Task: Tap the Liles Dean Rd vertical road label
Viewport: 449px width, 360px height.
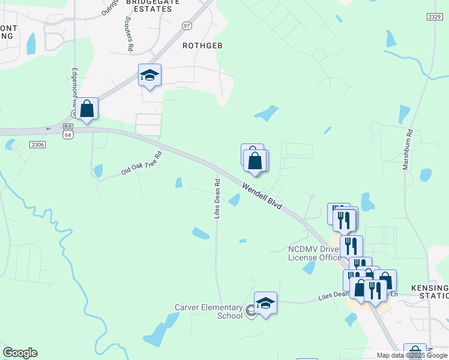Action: [218, 198]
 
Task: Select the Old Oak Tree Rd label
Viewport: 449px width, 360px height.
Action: [142, 163]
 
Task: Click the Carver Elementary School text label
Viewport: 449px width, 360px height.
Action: [208, 311]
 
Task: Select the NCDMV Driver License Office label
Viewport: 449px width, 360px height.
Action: [314, 253]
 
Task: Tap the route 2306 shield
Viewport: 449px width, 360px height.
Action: [37, 145]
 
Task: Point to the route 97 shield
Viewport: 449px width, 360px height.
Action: [187, 26]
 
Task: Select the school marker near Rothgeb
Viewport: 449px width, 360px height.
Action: [149, 75]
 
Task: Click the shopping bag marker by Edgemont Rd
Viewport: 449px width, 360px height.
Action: [87, 109]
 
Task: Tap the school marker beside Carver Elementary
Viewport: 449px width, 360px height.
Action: [265, 302]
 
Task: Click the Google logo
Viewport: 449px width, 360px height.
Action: [20, 353]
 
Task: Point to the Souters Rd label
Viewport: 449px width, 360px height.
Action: [128, 33]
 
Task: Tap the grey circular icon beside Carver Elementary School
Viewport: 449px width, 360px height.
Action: [250, 312]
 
